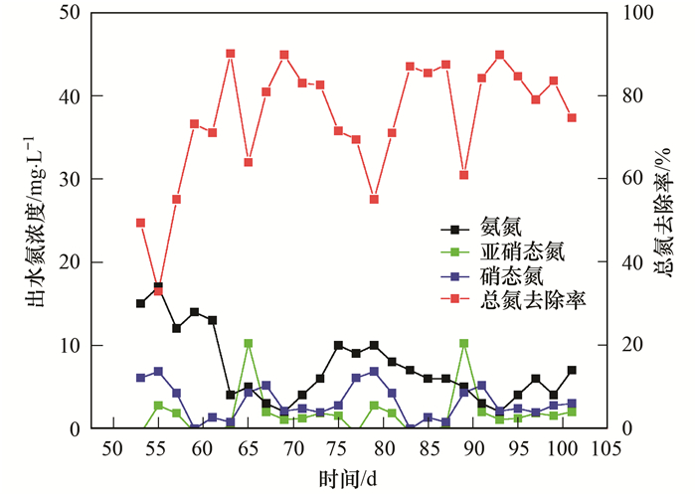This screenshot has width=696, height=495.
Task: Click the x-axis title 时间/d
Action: pyautogui.click(x=348, y=479)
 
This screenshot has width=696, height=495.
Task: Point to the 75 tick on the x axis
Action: pyautogui.click(x=338, y=448)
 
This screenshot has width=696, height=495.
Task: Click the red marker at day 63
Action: pyautogui.click(x=230, y=54)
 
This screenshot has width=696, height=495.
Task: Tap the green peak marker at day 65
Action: pyautogui.click(x=249, y=344)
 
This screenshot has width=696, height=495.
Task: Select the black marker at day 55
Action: pyautogui.click(x=158, y=287)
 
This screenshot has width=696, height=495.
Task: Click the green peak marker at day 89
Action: pyautogui.click(x=463, y=344)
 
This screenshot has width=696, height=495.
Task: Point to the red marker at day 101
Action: pyautogui.click(x=572, y=117)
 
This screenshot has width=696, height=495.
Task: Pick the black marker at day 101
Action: pyautogui.click(x=572, y=370)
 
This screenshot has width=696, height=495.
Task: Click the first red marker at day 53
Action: pyautogui.click(x=140, y=223)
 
